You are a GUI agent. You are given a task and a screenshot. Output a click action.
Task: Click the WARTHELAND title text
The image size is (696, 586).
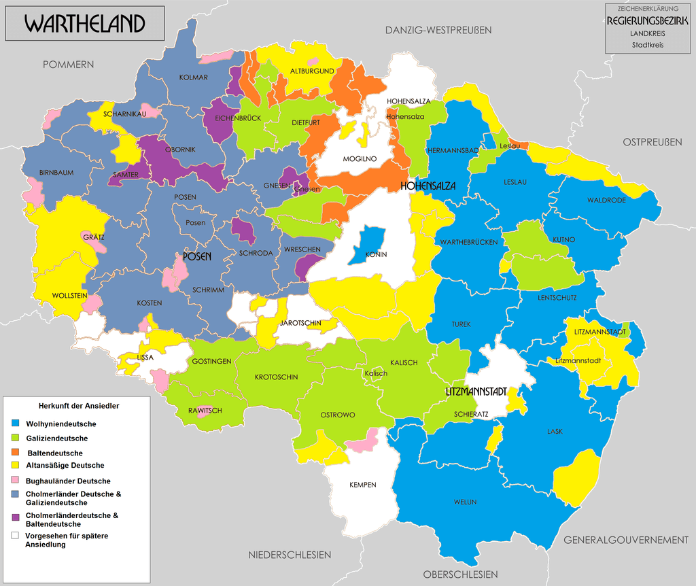tap(85, 24)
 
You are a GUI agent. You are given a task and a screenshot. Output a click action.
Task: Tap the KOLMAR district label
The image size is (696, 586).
tap(193, 77)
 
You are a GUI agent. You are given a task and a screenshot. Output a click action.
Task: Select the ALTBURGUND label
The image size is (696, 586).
tap(312, 71)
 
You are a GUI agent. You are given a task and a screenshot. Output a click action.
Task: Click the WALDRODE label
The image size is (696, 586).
tap(606, 201)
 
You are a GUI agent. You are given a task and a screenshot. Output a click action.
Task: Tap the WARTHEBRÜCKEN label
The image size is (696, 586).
tap(469, 242)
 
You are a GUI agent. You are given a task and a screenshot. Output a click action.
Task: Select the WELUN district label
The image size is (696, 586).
tap(465, 502)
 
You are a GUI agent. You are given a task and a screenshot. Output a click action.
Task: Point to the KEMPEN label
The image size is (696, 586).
tap(362, 485)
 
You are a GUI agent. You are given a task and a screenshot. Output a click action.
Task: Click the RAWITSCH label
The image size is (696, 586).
tap(205, 411)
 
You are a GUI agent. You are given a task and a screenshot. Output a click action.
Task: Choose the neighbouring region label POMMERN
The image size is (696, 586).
tap(68, 65)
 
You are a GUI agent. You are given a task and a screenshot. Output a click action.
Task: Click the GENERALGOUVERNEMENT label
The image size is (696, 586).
tap(626, 540)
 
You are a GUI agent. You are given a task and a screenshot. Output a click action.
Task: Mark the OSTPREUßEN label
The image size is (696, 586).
tap(652, 142)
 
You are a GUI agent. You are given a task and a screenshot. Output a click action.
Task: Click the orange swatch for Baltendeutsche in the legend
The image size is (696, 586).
tap(15, 453)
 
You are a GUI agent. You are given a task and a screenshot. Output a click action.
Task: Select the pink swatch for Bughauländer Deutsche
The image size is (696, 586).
tap(15, 481)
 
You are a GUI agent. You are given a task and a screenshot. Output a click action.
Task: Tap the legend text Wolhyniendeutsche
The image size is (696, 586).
tap(61, 424)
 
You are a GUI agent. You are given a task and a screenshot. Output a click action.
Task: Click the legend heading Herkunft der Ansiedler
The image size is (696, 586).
tap(80, 406)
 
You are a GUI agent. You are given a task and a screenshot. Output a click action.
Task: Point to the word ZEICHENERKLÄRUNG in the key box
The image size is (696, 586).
tap(647, 9)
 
